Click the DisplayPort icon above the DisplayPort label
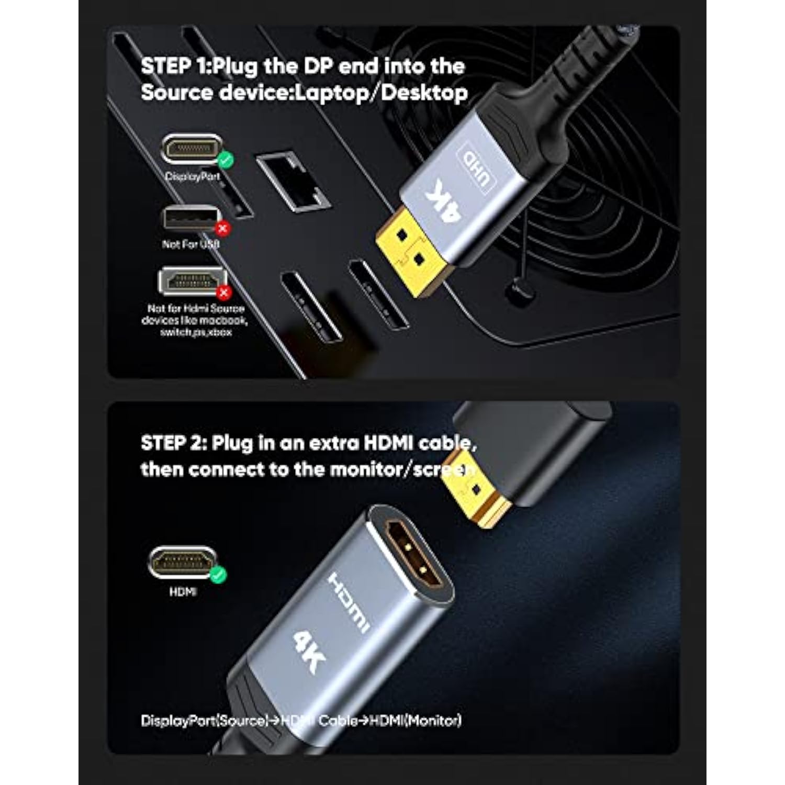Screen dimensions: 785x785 click(190, 150)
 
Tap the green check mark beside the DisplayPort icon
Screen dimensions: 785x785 click(226, 160)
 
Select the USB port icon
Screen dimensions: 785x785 click(189, 218)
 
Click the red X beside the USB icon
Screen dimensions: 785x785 click(223, 228)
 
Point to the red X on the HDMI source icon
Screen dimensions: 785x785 click(224, 292)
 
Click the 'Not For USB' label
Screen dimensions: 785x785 click(190, 244)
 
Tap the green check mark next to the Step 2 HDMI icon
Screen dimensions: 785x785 click(218, 575)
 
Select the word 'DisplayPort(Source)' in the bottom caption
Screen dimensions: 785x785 click(205, 721)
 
